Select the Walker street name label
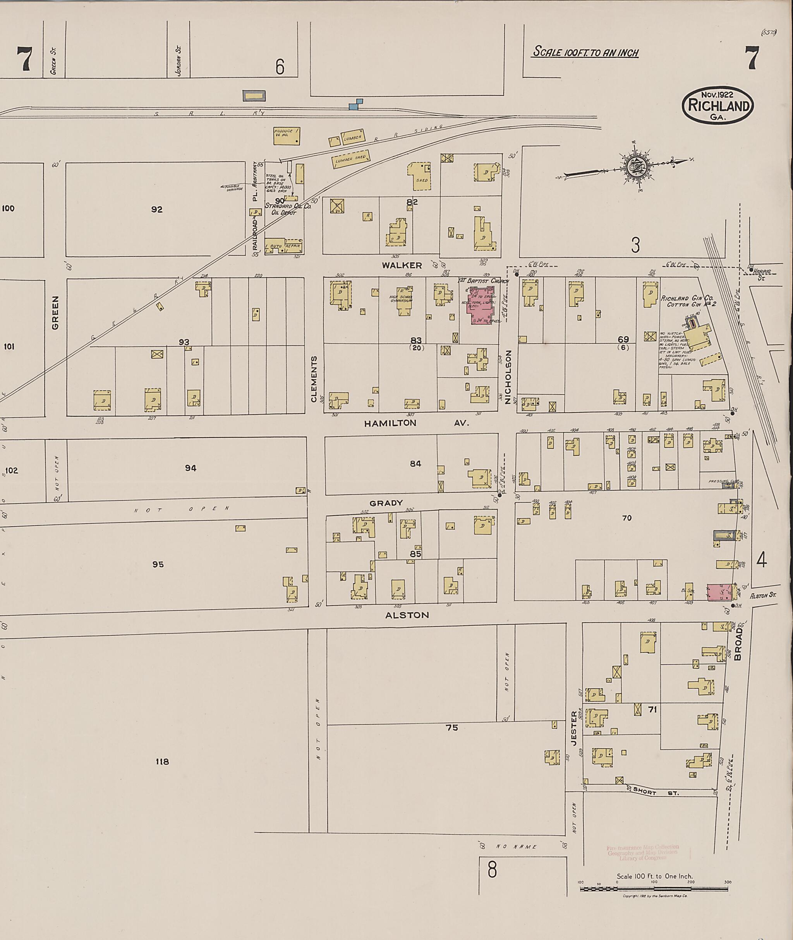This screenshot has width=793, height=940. coord(402,265)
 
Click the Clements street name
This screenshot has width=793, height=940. coord(314,379)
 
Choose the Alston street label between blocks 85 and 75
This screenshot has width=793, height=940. coord(407,615)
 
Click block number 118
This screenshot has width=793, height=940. coord(162,761)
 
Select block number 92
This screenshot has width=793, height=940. coord(156,209)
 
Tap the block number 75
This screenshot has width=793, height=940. coord(451,727)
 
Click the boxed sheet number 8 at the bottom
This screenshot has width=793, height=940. coord(492,871)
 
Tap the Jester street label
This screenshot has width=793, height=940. coord(573,729)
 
